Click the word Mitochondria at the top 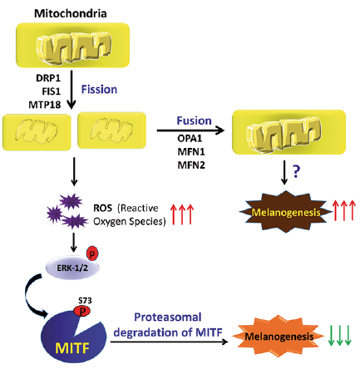tap(71, 13)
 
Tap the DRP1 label tap(48, 78)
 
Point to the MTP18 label tap(45, 105)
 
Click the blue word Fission tap(99, 90)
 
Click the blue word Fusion tap(194, 121)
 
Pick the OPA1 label tap(190, 138)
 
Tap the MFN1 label tap(191, 151)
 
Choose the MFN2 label tap(191, 165)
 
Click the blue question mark tap(296, 172)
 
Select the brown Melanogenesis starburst tap(286, 212)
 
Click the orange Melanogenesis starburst tap(279, 336)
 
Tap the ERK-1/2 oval tap(72, 268)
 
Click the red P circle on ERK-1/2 tap(92, 253)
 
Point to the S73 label tap(85, 301)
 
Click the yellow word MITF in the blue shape tap(72, 348)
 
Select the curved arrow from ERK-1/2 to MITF tap(28, 298)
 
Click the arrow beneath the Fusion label tap(190, 130)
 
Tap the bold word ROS tap(102, 208)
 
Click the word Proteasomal tap(168, 317)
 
